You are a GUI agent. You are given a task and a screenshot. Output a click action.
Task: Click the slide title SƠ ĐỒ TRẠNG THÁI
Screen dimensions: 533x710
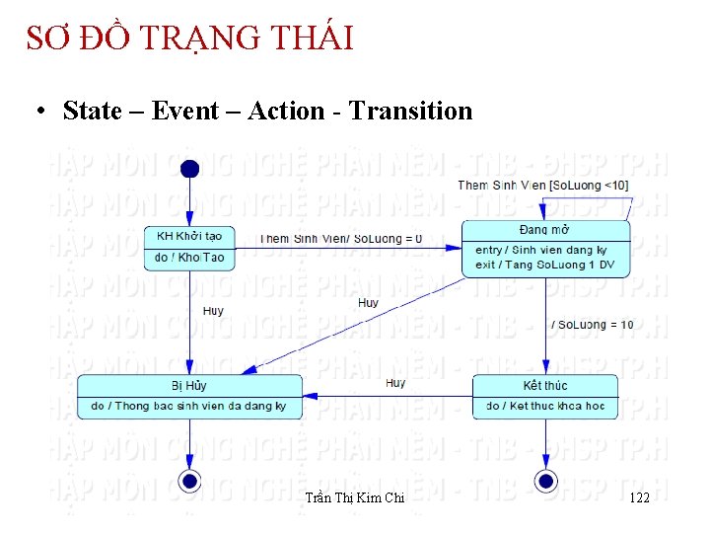point(189,38)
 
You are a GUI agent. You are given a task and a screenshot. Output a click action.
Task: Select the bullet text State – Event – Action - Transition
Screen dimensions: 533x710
point(267,111)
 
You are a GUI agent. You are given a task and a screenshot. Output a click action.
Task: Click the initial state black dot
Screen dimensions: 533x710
point(190,169)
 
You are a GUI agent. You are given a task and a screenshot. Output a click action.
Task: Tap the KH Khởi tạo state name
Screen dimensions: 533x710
point(189,236)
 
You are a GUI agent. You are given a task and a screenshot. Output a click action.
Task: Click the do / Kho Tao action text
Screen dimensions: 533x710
point(189,258)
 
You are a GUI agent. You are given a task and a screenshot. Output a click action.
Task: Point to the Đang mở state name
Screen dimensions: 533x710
point(543,230)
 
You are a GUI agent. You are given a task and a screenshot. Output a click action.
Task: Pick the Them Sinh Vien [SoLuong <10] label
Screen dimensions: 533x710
point(542,186)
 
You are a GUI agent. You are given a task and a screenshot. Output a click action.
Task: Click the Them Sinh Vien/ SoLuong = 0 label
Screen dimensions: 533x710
point(341,239)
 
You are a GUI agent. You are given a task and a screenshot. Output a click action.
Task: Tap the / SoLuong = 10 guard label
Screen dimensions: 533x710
point(592,325)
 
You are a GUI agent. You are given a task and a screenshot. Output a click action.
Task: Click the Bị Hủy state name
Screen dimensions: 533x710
point(189,385)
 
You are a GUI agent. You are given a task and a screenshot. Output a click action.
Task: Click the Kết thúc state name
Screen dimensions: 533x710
point(544,385)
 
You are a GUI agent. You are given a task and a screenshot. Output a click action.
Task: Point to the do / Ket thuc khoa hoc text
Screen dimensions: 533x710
point(544,407)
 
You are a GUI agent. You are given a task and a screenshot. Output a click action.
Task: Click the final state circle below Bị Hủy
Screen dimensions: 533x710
point(190,481)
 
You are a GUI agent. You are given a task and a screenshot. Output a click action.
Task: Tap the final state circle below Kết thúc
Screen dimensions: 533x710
point(545,481)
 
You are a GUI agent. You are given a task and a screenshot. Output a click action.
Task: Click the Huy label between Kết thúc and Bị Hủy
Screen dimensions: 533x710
point(395,383)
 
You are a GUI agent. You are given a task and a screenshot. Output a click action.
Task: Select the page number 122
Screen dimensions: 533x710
point(639,498)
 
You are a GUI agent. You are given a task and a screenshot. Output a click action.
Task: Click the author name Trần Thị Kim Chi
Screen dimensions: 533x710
point(355,498)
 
